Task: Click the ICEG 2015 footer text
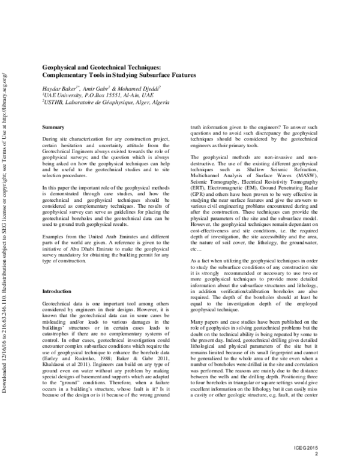pyautogui.click(x=332, y=448)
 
